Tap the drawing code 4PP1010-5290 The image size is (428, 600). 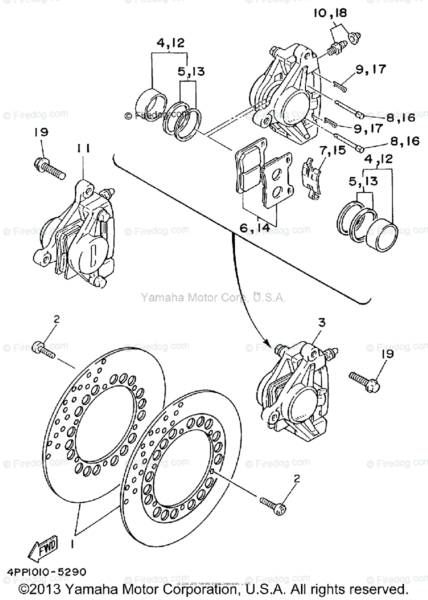tap(46, 571)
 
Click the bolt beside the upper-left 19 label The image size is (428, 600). tap(50, 168)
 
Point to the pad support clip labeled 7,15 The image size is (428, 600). tap(312, 177)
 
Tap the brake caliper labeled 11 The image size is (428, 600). tap(80, 235)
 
